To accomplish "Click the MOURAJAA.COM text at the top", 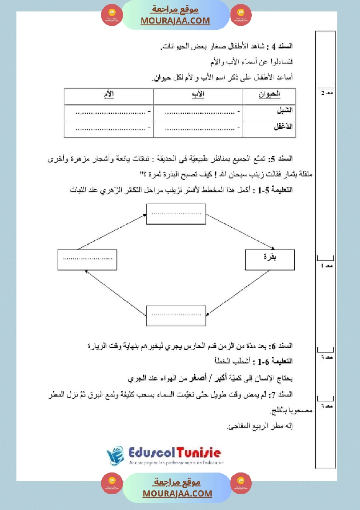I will [x=175, y=21].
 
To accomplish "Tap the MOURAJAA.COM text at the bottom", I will [x=177, y=493].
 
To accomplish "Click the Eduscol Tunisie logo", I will [x=164, y=456].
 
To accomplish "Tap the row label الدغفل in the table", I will [x=283, y=127].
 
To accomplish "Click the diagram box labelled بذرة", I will [x=270, y=260].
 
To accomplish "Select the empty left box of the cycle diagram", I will [x=87, y=260].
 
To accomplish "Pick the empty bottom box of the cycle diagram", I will [x=175, y=315].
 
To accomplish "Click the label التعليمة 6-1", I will [x=275, y=362].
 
